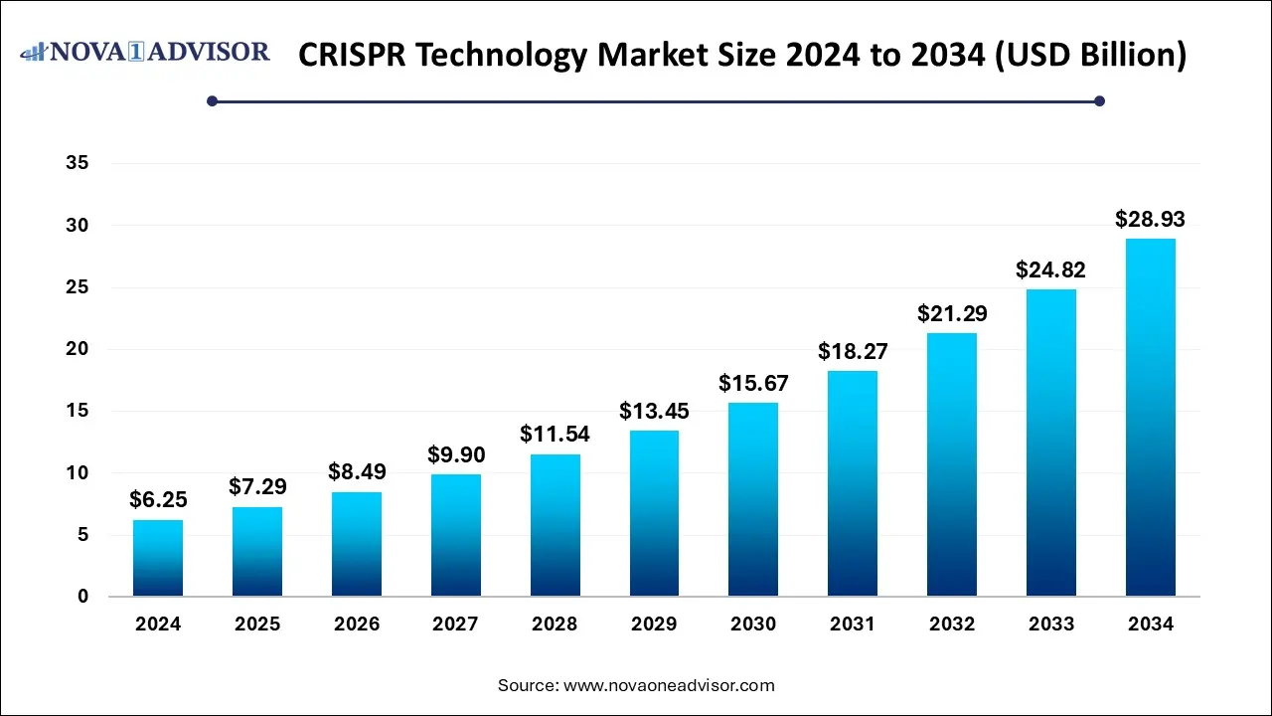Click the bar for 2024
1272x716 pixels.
[x=158, y=558]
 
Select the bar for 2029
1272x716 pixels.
[x=654, y=513]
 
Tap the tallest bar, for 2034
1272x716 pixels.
[x=1151, y=418]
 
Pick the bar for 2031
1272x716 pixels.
[x=853, y=483]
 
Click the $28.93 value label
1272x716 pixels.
[x=1151, y=220]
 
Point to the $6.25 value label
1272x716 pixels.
[x=158, y=500]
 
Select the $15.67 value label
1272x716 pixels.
[x=753, y=383]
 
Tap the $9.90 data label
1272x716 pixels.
[x=455, y=454]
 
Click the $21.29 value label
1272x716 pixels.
[x=952, y=313]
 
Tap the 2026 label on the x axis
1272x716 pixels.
[x=356, y=625]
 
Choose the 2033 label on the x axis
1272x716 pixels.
[x=1051, y=625]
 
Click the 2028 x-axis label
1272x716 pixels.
[x=555, y=625]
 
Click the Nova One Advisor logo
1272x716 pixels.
[x=145, y=52]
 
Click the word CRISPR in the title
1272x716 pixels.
[x=354, y=55]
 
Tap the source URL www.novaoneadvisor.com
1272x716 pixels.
[x=668, y=685]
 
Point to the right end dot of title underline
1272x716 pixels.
[x=1099, y=100]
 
